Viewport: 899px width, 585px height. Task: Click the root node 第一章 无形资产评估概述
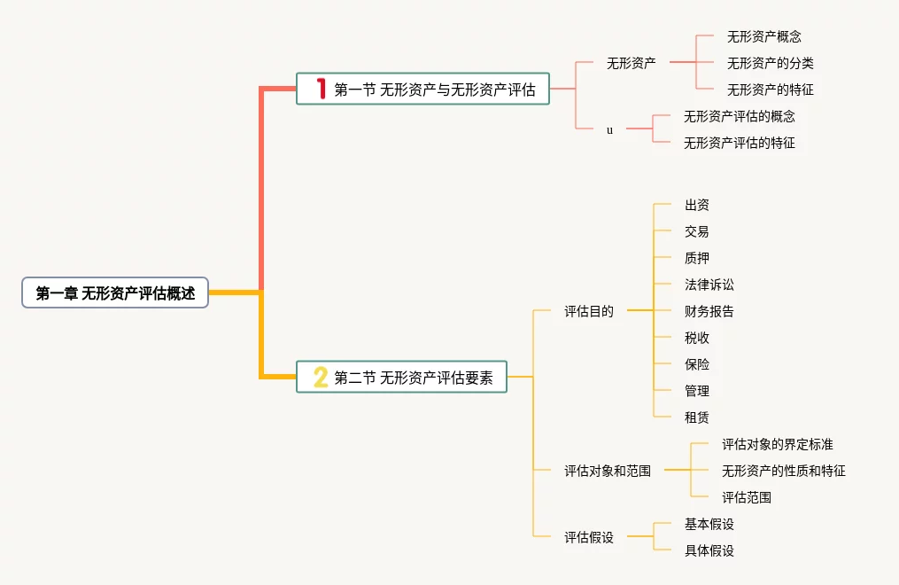tap(114, 292)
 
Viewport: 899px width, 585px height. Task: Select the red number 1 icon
tap(321, 89)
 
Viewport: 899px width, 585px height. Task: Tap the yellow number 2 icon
tap(321, 377)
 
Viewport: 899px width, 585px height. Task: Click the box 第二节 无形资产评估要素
tap(401, 377)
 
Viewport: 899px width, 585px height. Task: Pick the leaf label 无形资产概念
tap(763, 36)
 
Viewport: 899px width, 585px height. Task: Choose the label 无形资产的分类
tap(770, 63)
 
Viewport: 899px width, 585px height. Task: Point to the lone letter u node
tap(609, 130)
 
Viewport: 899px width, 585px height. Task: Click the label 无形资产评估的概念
tap(739, 116)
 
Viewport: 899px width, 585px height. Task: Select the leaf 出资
tap(696, 205)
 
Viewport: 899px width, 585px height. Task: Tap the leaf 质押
tap(696, 258)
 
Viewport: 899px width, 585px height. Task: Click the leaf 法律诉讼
tap(709, 285)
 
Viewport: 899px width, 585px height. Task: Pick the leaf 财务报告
tap(709, 311)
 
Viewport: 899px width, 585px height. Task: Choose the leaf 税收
tap(696, 338)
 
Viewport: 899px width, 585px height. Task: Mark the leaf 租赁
tap(696, 417)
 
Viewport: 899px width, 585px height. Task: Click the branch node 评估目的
tap(589, 311)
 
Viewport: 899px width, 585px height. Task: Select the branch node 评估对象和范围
tap(608, 471)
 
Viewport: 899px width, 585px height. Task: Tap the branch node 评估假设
tap(589, 537)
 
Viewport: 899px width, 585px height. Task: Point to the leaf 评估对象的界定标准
tap(777, 444)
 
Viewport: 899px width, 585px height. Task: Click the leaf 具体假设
tap(709, 550)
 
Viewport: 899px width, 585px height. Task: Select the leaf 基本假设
tap(709, 524)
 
